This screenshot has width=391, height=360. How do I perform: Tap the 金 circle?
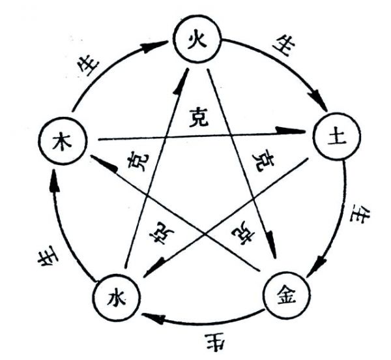point(285,297)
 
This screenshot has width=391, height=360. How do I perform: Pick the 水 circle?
point(115,298)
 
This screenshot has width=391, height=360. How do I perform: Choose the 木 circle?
point(63,140)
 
